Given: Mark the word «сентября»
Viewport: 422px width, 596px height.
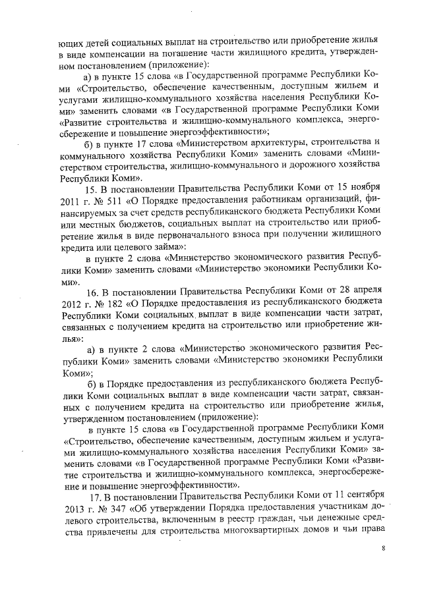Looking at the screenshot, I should pos(359,494).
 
